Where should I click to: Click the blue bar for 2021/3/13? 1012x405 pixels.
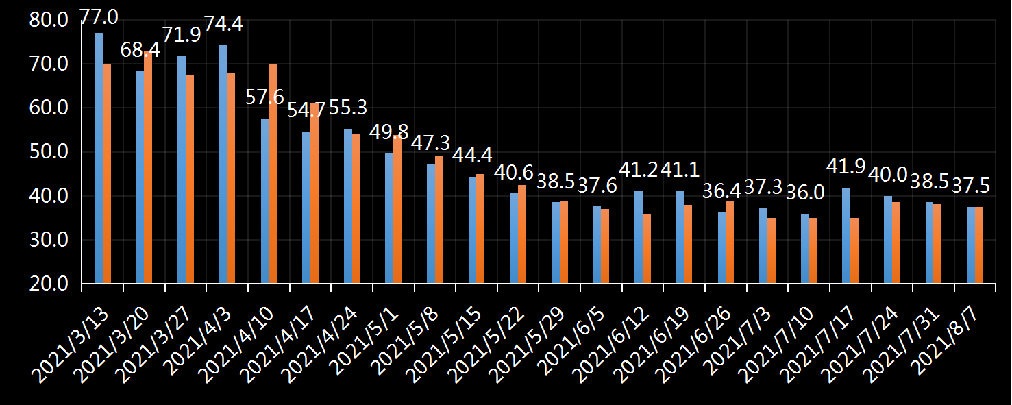(99, 158)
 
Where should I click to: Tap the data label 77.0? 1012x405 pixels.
(99, 15)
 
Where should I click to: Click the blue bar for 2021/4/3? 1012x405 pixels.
(223, 164)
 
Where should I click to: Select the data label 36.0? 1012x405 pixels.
(804, 193)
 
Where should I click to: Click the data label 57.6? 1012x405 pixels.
(264, 97)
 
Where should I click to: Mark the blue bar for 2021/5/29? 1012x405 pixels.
(556, 243)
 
